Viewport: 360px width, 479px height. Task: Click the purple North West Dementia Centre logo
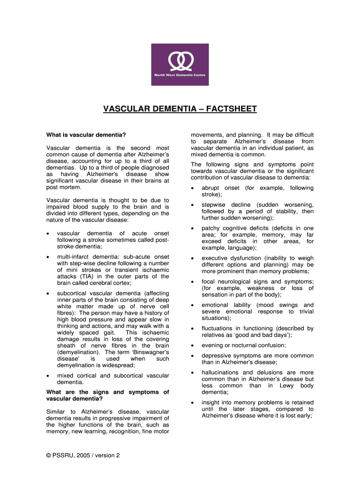coord(180,65)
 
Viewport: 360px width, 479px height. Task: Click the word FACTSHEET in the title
coord(230,109)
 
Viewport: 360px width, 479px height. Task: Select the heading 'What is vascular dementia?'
coord(86,135)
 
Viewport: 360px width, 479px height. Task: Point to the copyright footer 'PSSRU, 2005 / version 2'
coord(83,455)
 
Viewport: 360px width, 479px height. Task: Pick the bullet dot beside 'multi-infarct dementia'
coord(49,257)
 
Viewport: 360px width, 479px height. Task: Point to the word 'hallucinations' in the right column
coord(221,372)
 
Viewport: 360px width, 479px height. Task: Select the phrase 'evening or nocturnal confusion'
coord(243,345)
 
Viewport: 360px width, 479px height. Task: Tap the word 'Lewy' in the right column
coord(289,385)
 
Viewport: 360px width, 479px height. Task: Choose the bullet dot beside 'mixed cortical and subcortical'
coord(49,376)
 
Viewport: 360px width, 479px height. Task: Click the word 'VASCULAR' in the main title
coord(125,109)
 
